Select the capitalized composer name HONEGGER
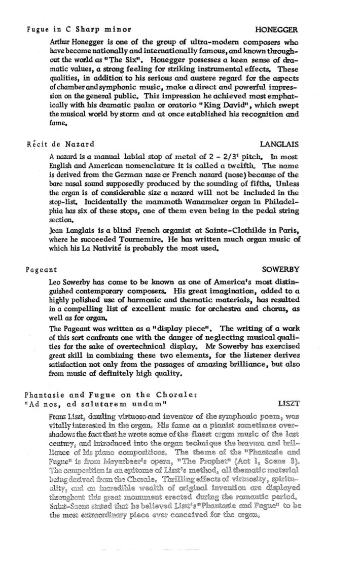(276, 29)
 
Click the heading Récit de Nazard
(60, 144)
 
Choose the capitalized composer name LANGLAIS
(278, 144)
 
